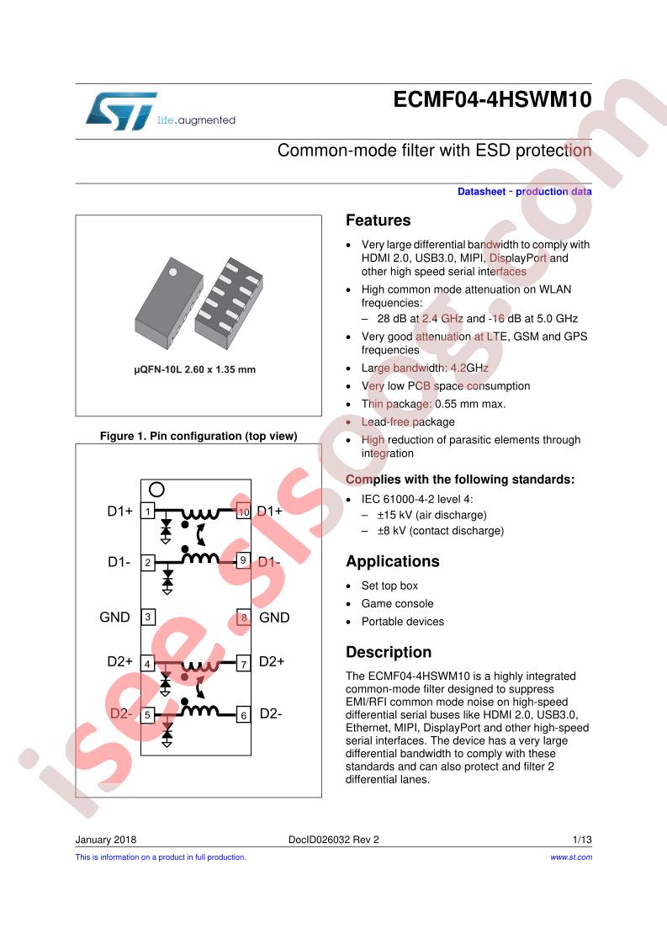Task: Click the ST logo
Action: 122,111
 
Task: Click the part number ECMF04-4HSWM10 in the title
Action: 492,99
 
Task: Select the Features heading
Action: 378,220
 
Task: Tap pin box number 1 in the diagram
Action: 148,512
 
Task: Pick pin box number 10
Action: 243,512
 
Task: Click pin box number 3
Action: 147,617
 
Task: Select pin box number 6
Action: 243,714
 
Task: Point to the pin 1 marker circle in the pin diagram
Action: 156,490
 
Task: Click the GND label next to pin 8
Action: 274,618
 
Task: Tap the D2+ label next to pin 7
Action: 272,661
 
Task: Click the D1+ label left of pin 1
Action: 119,512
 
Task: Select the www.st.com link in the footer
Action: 571,857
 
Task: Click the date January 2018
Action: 106,840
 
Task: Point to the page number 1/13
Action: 582,840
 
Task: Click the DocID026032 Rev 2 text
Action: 333,840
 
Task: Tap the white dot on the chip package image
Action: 172,272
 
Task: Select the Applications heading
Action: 393,562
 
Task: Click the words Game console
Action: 397,604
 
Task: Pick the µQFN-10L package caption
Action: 195,369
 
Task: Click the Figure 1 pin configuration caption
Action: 199,436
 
